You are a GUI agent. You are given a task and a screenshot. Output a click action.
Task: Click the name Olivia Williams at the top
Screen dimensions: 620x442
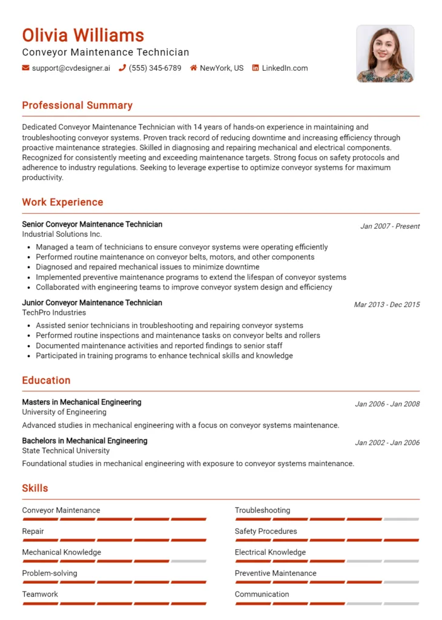83,35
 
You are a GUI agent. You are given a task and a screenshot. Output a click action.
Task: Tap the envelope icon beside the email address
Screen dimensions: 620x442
25,68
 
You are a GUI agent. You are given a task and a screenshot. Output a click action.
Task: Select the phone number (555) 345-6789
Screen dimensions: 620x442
154,68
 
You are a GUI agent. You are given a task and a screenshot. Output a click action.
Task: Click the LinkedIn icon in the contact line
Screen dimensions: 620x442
256,68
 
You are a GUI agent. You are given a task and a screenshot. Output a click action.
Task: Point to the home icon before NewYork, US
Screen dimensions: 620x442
194,68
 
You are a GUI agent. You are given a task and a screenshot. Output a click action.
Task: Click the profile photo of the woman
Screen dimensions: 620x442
385,53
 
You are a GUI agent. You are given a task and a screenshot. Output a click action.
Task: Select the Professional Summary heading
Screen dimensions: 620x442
77,105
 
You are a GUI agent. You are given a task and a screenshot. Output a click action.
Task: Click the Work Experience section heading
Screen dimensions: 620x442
62,202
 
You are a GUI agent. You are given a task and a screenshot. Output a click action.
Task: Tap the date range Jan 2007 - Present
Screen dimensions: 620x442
390,226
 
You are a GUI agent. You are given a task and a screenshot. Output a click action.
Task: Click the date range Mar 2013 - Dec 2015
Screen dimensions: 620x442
386,305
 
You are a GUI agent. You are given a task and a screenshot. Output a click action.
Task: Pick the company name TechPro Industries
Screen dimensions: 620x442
54,312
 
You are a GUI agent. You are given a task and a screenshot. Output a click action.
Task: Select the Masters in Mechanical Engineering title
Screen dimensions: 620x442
82,402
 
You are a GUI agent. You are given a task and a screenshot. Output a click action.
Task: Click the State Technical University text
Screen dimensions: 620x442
66,450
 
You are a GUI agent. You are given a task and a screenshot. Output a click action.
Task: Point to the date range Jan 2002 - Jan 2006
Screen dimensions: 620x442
387,443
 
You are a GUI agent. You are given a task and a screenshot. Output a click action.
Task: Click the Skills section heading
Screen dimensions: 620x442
35,488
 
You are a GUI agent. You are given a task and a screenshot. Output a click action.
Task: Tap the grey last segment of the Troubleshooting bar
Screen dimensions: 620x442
401,519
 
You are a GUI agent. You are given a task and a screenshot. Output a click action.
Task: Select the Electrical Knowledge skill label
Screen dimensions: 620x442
270,552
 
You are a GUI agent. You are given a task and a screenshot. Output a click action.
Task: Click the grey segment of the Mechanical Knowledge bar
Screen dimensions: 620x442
188,561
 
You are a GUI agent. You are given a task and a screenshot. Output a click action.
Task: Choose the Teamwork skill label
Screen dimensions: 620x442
40,594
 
